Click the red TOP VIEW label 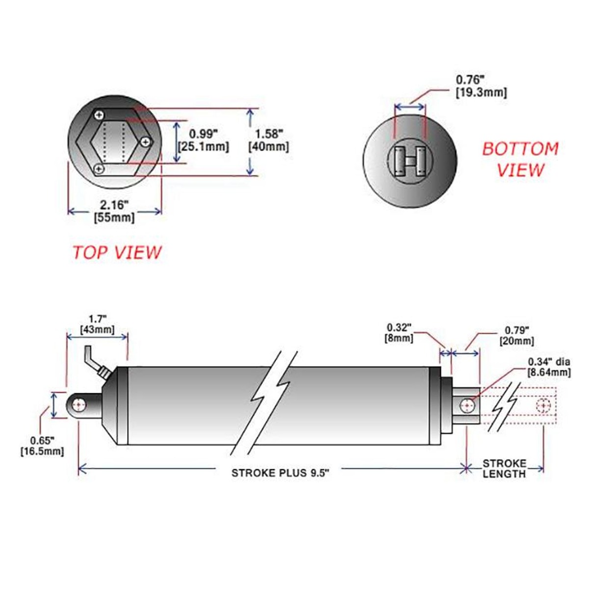pyautogui.click(x=117, y=252)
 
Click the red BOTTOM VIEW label pyautogui.click(x=520, y=159)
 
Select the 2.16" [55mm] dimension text pyautogui.click(x=114, y=210)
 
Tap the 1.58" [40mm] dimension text pyautogui.click(x=268, y=140)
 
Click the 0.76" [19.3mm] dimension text pyautogui.click(x=481, y=85)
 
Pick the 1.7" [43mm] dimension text pyautogui.click(x=97, y=324)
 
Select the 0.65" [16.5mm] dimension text pyautogui.click(x=42, y=445)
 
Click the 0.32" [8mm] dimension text pyautogui.click(x=400, y=332)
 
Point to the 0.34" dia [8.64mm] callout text pyautogui.click(x=549, y=367)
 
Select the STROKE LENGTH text pyautogui.click(x=504, y=468)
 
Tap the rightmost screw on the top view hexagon pyautogui.click(x=145, y=141)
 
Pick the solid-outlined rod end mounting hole pyautogui.click(x=467, y=406)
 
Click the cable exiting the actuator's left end pyautogui.click(x=96, y=361)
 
